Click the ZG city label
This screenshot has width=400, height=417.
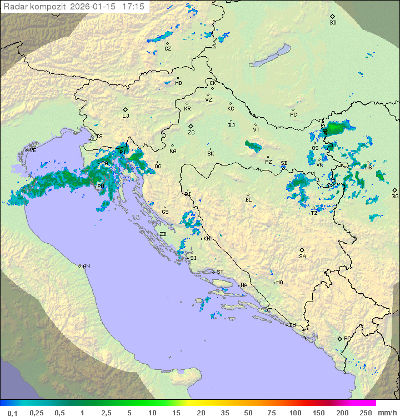191,133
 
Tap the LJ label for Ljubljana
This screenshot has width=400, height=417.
126,115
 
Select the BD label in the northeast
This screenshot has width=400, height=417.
333,23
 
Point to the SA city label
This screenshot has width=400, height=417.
302,256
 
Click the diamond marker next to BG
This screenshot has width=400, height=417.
394,189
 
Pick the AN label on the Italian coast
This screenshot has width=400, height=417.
86,266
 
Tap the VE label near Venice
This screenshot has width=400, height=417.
33,150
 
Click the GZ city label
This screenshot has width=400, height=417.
168,48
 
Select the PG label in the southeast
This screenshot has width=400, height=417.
347,338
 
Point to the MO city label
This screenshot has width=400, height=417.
279,282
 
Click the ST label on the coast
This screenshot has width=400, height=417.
220,272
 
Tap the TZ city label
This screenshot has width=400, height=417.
314,213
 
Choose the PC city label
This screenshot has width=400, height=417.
293,115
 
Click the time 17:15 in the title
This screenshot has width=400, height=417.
133,7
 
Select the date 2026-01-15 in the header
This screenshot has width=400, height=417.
94,7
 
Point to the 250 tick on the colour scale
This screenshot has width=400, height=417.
365,413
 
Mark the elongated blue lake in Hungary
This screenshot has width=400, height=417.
269,56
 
